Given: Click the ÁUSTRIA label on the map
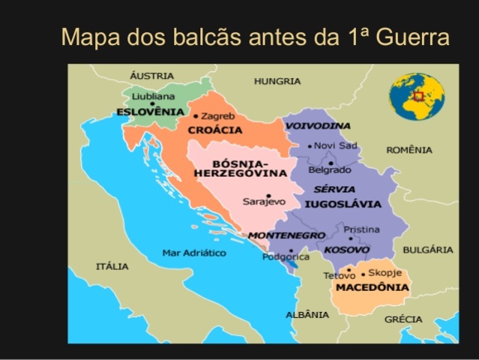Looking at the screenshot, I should point(151,76).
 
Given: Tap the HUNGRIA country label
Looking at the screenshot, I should point(277,81).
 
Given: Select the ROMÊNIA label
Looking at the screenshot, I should point(409,150).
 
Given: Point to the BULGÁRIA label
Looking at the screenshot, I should point(427,250).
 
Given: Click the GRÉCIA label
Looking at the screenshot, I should point(403,319).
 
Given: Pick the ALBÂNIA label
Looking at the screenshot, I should point(307,314).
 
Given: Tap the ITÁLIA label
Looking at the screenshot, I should point(112,266).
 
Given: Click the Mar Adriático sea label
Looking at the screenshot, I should point(194,253).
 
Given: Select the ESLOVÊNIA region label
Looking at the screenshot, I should point(150,112).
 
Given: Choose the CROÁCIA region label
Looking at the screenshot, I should point(215,130).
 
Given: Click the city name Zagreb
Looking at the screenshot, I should point(218,116).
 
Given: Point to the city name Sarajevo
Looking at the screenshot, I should point(264,201).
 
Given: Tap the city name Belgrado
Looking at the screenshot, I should point(330,170).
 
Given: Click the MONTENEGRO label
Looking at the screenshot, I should point(286,235).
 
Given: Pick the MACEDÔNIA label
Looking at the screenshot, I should point(372,287).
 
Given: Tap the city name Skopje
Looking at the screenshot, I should point(385,273).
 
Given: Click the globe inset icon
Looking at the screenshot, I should point(417,96).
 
